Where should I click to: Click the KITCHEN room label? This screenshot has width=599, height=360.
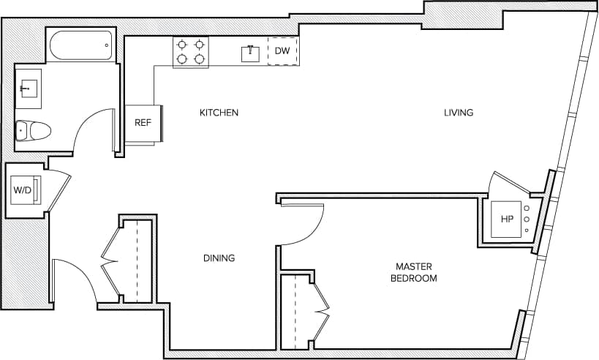pyautogui.click(x=219, y=113)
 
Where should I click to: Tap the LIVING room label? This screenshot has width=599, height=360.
pyautogui.click(x=459, y=113)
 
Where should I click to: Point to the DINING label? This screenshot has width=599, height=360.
pyautogui.click(x=219, y=258)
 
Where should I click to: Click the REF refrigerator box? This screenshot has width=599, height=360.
pyautogui.click(x=143, y=123)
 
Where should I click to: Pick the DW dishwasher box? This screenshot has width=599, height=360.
pyautogui.click(x=282, y=51)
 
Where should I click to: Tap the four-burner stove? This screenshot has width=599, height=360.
pyautogui.click(x=190, y=51)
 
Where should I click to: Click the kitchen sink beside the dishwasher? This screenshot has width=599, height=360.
pyautogui.click(x=250, y=52)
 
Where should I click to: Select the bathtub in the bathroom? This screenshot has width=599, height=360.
pyautogui.click(x=80, y=45)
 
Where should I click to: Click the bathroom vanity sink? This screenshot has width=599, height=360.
pyautogui.click(x=29, y=89)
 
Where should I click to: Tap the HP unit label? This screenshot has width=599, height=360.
pyautogui.click(x=508, y=219)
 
